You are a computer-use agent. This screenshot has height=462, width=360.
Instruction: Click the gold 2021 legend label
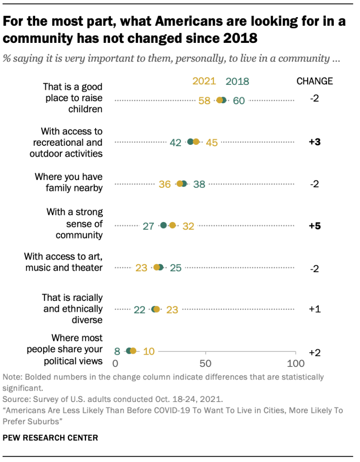pyautogui.click(x=204, y=81)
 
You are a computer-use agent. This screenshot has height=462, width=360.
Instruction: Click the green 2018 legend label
pyautogui.click(x=237, y=82)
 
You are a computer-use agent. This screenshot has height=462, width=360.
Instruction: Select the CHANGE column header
pyautogui.click(x=314, y=81)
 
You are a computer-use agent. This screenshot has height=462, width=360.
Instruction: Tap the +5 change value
pyautogui.click(x=314, y=226)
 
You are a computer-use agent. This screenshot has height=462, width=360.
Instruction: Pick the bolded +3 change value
pyautogui.click(x=314, y=142)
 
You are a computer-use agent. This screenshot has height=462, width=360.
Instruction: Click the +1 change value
pyautogui.click(x=314, y=309)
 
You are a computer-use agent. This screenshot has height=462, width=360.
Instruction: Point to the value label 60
pyautogui.click(x=239, y=101)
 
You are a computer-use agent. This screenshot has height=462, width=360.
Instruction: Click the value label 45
pyautogui.click(x=212, y=143)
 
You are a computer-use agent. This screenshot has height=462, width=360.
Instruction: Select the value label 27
pyautogui.click(x=148, y=226)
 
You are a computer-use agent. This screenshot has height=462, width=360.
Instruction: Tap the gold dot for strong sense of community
pyautogui.click(x=172, y=225)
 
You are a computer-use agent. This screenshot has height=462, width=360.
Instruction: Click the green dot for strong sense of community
pyautogui.click(x=164, y=225)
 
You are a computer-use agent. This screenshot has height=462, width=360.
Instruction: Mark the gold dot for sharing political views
pyautogui.click(x=133, y=351)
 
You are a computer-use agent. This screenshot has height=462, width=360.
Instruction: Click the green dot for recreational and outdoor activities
pyautogui.click(x=190, y=142)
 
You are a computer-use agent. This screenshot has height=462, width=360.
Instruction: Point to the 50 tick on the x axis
pyautogui.click(x=206, y=364)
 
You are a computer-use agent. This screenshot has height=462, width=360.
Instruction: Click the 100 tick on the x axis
pyautogui.click(x=295, y=364)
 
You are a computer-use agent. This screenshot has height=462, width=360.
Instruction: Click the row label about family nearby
pyautogui.click(x=69, y=182)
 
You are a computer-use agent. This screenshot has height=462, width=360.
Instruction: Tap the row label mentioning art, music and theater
pyautogui.click(x=63, y=262)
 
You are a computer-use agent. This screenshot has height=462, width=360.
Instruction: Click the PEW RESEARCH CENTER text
pyautogui.click(x=50, y=437)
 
